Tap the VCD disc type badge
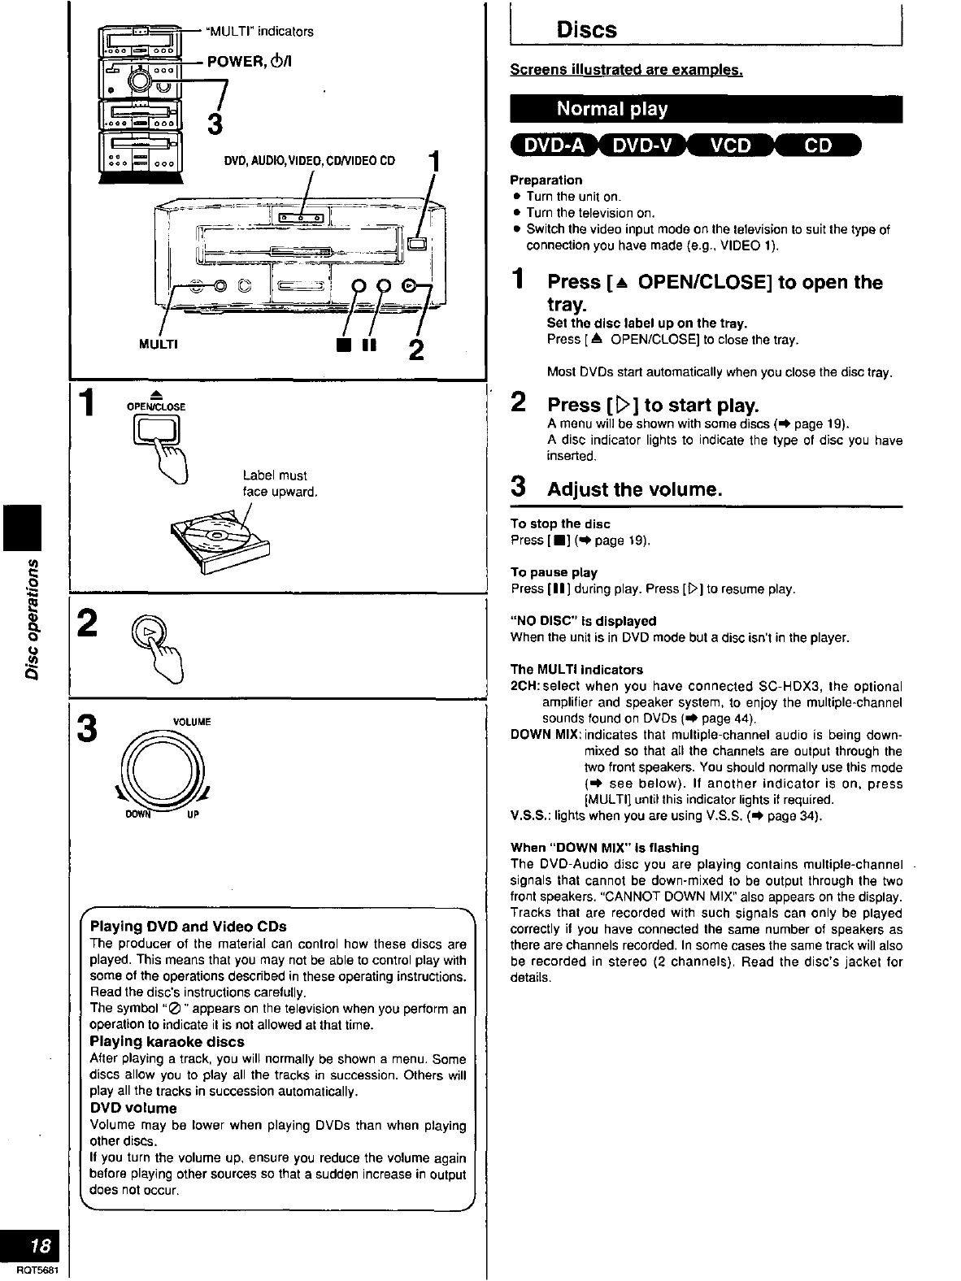(x=731, y=146)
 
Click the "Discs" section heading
(x=586, y=31)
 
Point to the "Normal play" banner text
(x=611, y=110)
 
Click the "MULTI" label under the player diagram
(x=159, y=344)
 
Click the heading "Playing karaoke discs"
(x=167, y=1042)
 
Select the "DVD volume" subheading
(x=133, y=1109)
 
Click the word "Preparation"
(x=546, y=180)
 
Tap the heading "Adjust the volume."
(x=634, y=489)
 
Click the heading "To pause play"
(x=554, y=572)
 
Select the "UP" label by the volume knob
(x=193, y=814)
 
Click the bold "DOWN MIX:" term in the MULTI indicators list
(x=545, y=735)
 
